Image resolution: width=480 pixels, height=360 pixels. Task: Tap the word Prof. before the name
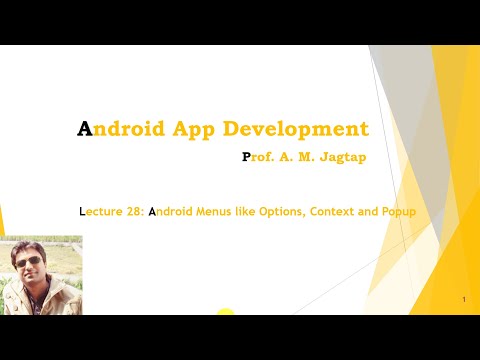(263, 157)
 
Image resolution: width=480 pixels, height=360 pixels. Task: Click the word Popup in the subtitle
(400, 212)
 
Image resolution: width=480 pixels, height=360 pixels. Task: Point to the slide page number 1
(465, 300)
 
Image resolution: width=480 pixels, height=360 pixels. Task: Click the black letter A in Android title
(85, 129)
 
